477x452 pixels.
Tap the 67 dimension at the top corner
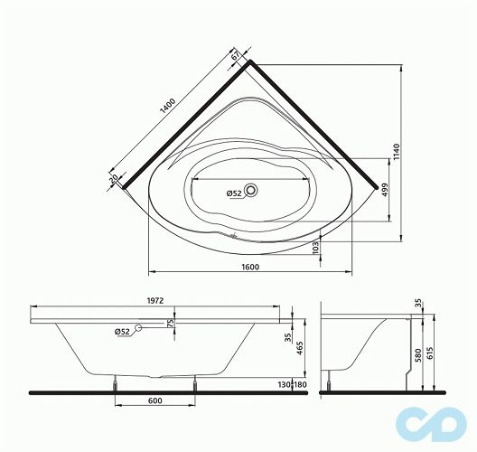[237, 56]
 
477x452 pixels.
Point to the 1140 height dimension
[396, 155]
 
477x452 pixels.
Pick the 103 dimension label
[315, 246]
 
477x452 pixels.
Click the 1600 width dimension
[250, 266]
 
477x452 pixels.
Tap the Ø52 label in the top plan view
[232, 193]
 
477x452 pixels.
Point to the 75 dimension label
[171, 324]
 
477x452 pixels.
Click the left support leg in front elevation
[116, 383]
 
